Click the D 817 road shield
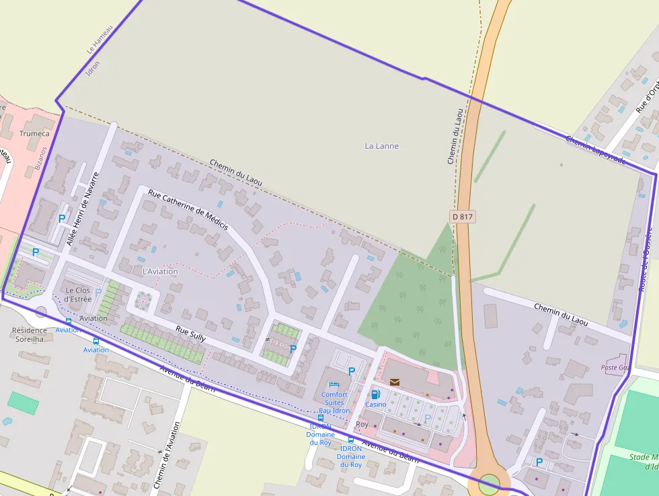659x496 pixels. pyautogui.click(x=462, y=217)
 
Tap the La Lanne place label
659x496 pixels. pyautogui.click(x=381, y=146)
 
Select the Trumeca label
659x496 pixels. pyautogui.click(x=34, y=133)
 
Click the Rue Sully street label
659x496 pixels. pyautogui.click(x=190, y=334)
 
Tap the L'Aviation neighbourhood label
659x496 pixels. pyautogui.click(x=160, y=271)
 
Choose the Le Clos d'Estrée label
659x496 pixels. pyautogui.click(x=78, y=294)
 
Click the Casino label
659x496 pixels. pyautogui.click(x=375, y=404)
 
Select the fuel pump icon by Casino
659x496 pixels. pyautogui.click(x=375, y=394)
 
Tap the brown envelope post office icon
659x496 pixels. pyautogui.click(x=394, y=382)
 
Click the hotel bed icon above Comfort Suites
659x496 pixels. pyautogui.click(x=334, y=384)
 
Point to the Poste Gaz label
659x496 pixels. pyautogui.click(x=615, y=368)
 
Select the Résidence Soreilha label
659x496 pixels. pyautogui.click(x=30, y=334)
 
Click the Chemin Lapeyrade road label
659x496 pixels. pyautogui.click(x=595, y=149)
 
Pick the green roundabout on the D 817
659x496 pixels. pyautogui.click(x=489, y=483)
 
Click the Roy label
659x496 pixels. pyautogui.click(x=362, y=425)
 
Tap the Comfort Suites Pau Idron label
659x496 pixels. pyautogui.click(x=334, y=402)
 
